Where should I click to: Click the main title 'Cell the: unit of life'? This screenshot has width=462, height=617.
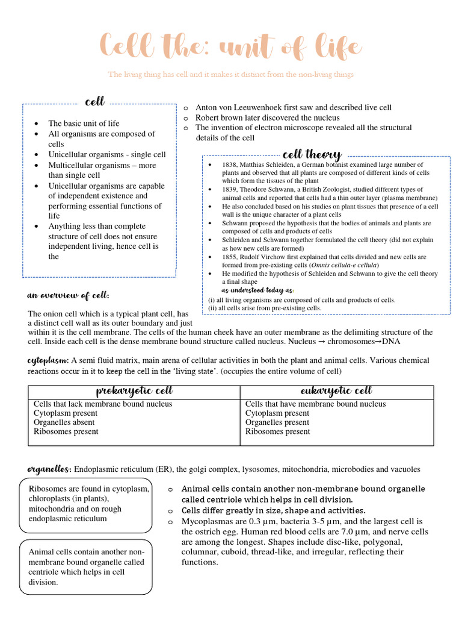pyautogui.click(x=231, y=46)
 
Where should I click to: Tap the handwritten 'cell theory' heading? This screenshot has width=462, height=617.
pyautogui.click(x=312, y=154)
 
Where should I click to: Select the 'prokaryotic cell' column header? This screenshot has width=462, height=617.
pyautogui.click(x=134, y=392)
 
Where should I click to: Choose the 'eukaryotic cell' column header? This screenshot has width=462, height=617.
pyautogui.click(x=336, y=392)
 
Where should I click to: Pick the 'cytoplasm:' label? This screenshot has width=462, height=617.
pyautogui.click(x=48, y=360)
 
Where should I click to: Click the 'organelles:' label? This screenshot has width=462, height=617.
pyautogui.click(x=50, y=469)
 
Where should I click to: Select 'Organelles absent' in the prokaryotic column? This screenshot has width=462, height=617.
pyautogui.click(x=66, y=422)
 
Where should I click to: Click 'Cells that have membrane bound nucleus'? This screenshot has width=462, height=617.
pyautogui.click(x=315, y=404)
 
